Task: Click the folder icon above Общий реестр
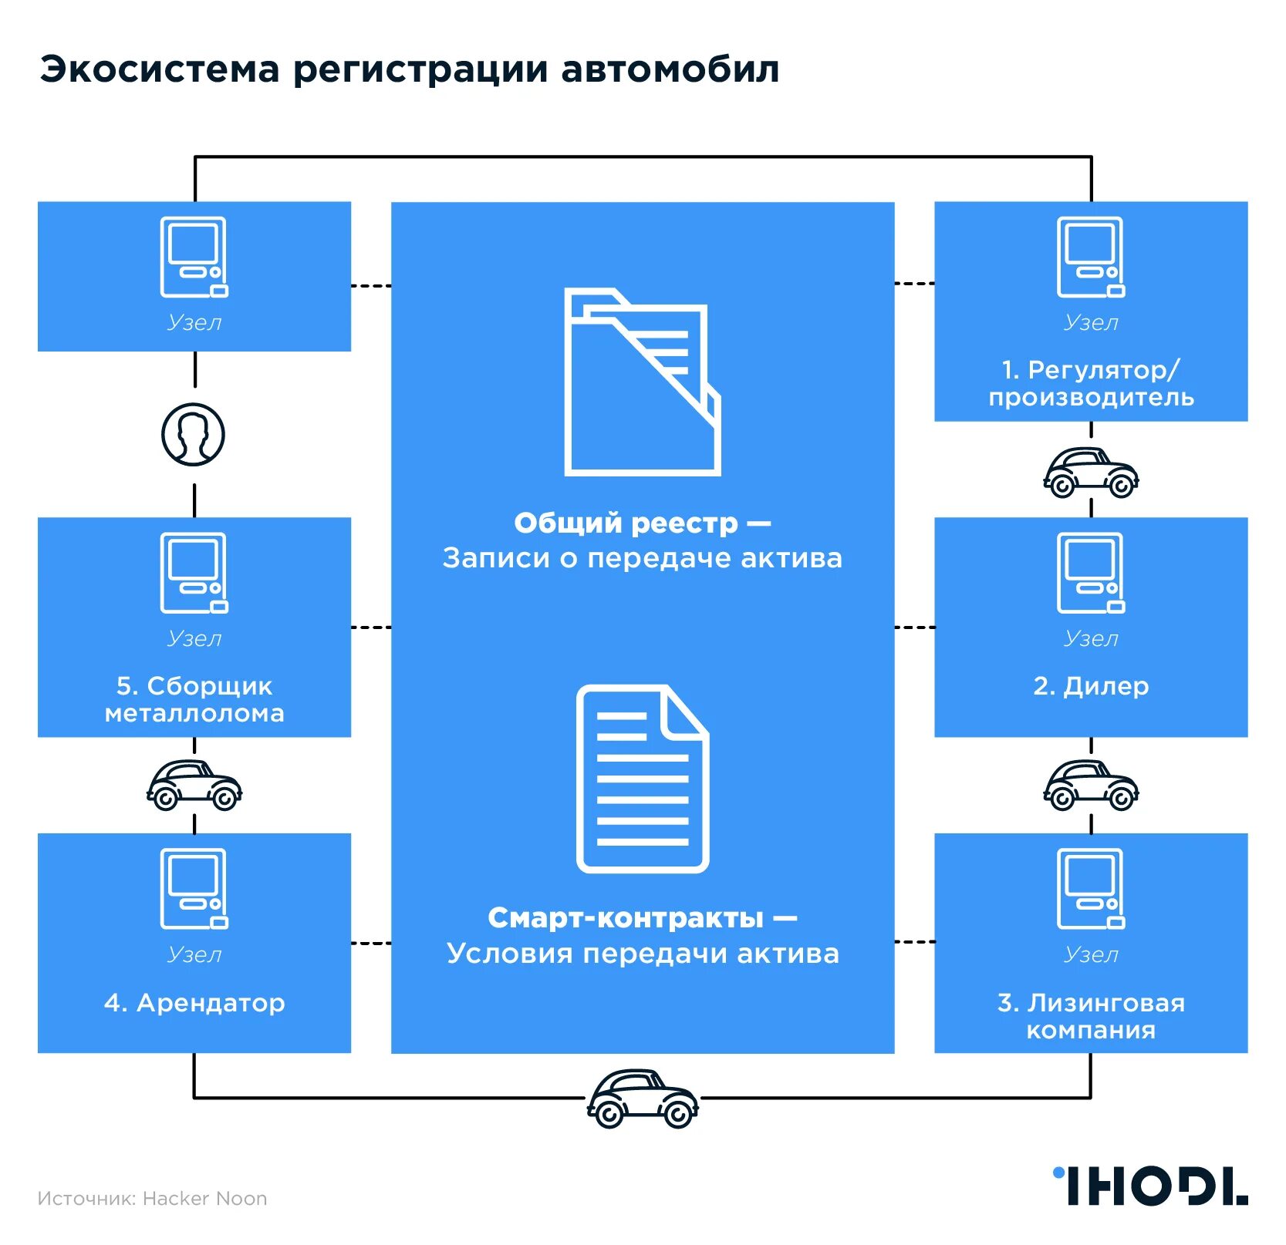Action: [x=642, y=382]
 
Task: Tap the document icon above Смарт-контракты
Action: [x=642, y=779]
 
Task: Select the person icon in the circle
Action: [x=193, y=435]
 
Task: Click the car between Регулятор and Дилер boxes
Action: [x=1091, y=471]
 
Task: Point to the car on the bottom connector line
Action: [x=643, y=1099]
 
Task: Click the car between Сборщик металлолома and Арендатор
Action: [x=194, y=785]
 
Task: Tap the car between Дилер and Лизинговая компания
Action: [x=1091, y=785]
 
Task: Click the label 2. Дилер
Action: [x=1091, y=685]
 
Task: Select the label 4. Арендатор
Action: [x=194, y=1002]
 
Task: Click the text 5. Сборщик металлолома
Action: [x=194, y=699]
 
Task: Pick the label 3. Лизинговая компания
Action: [x=1091, y=1016]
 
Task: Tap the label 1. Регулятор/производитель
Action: [x=1091, y=383]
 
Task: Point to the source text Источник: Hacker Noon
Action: [x=152, y=1199]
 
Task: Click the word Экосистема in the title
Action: [x=160, y=69]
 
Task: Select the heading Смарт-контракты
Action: [x=626, y=917]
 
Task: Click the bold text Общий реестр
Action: [x=626, y=523]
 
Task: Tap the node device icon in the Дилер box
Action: [x=1091, y=573]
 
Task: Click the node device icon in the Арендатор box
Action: [x=194, y=889]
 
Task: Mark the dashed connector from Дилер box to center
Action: [x=914, y=628]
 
